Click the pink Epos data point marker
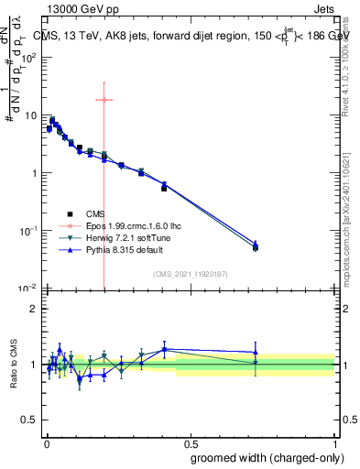104,100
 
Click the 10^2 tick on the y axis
30,58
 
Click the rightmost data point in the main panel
256,246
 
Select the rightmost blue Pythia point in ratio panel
256,353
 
